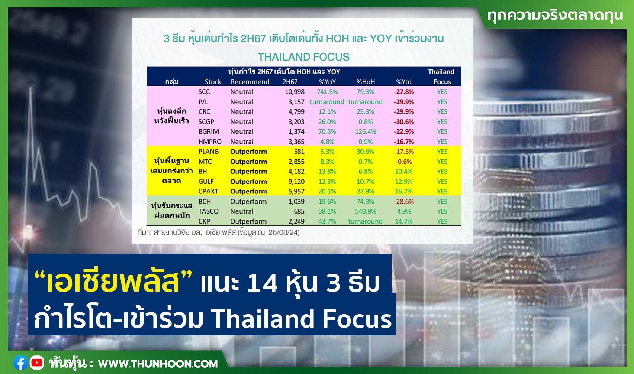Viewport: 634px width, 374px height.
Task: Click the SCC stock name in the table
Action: [204, 92]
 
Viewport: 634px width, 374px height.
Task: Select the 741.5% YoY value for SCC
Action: [327, 92]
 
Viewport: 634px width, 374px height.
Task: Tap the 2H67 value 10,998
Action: [295, 92]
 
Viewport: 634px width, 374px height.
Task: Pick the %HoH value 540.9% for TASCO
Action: [366, 211]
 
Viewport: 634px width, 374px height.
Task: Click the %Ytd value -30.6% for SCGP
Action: [403, 121]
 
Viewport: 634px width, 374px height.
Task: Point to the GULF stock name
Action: [206, 182]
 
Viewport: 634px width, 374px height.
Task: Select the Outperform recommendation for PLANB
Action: [248, 152]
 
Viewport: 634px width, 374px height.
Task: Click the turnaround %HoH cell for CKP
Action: [365, 221]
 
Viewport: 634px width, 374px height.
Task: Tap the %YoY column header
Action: [327, 82]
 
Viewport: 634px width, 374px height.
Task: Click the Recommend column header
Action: [250, 82]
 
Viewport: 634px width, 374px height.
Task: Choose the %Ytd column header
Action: [403, 82]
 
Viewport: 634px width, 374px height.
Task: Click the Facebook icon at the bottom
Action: [20, 363]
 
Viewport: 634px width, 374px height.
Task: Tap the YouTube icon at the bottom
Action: [37, 363]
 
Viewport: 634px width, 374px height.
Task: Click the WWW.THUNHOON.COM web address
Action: [158, 364]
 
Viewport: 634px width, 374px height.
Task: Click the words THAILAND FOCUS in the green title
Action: [304, 57]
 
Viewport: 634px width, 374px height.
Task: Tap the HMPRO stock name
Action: [210, 142]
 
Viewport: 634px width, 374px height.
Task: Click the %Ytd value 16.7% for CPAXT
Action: [403, 191]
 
